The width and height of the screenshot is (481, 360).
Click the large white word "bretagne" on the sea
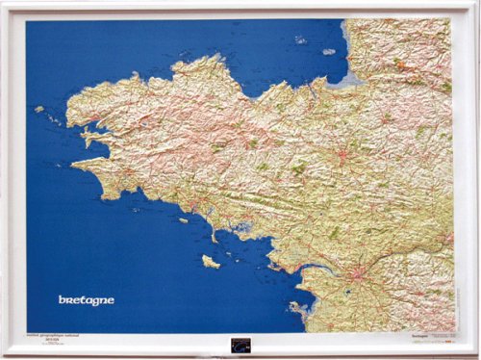click(86, 299)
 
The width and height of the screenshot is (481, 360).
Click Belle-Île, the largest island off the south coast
click(210, 261)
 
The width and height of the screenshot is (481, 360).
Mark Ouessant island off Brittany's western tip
click(39, 109)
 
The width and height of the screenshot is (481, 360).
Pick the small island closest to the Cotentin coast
click(329, 51)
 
